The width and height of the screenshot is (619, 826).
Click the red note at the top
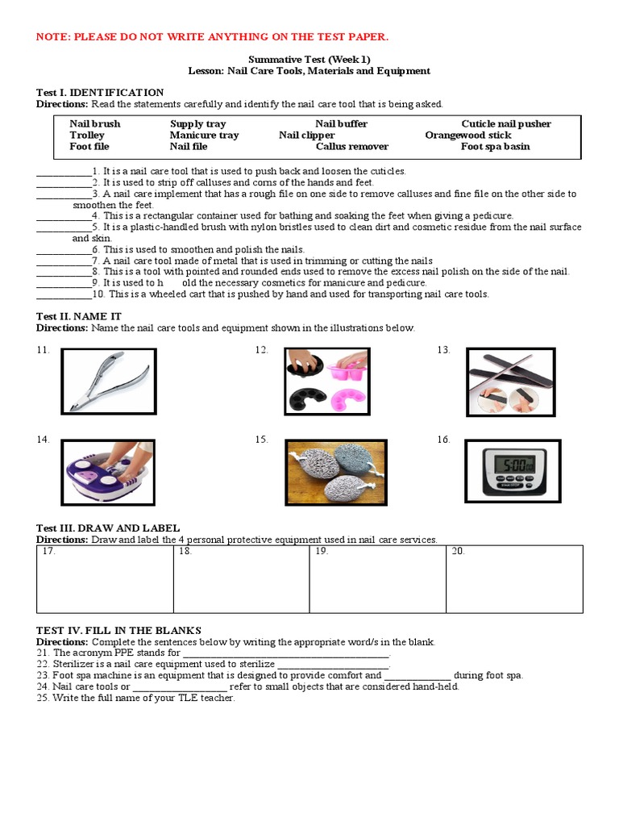click(x=201, y=36)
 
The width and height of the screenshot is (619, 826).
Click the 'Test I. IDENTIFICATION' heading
click(x=100, y=93)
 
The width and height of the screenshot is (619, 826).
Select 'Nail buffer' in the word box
click(x=341, y=123)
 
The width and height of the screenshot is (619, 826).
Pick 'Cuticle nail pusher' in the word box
click(x=506, y=123)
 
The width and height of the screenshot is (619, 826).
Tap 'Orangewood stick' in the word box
click(x=467, y=135)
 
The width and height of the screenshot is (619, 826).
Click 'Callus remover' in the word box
click(x=351, y=146)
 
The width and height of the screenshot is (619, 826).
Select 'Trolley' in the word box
click(x=87, y=135)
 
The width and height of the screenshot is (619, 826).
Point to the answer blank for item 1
click(x=64, y=172)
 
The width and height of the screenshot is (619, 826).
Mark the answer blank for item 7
click(x=64, y=261)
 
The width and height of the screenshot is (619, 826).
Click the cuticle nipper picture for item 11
click(x=109, y=380)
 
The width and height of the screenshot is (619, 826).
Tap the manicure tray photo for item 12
click(x=327, y=380)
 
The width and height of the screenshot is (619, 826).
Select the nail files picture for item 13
click(x=512, y=382)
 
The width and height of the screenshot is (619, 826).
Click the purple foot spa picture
click(x=110, y=472)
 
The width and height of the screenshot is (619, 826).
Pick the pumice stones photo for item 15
click(x=336, y=472)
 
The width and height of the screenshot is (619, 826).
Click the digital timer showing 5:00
click(x=512, y=471)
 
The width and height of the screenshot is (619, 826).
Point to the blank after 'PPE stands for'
click(x=286, y=653)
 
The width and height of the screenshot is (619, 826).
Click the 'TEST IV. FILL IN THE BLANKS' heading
click(x=118, y=630)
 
